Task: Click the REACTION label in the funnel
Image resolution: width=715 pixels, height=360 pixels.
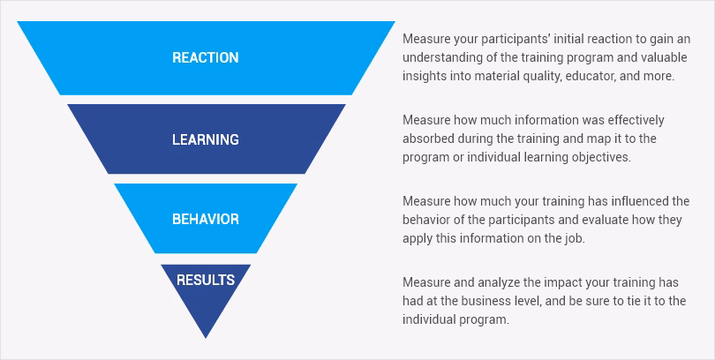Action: [205, 57]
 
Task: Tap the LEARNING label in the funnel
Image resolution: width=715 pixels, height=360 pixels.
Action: [205, 139]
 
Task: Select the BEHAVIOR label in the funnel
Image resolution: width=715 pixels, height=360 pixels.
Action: [205, 219]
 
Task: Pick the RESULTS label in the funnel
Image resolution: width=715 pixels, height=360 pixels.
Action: [206, 280]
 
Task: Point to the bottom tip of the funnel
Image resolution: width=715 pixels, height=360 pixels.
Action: [206, 338]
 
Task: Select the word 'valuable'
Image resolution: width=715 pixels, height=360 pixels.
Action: [666, 57]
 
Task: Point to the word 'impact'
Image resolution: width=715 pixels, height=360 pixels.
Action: [562, 282]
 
